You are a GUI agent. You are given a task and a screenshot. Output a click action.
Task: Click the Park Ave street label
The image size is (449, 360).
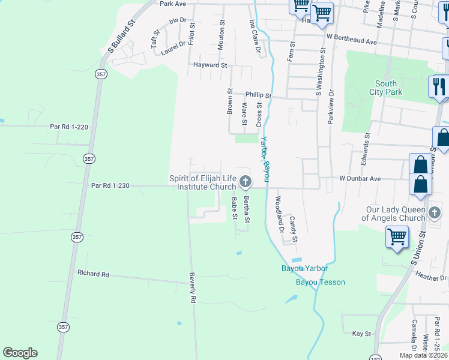click(x=173, y=4)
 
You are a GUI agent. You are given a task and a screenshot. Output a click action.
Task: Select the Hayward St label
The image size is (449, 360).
click(x=209, y=65)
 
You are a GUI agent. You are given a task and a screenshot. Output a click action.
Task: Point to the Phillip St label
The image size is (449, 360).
click(x=259, y=95)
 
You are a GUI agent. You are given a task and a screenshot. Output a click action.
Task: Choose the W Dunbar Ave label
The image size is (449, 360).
click(x=360, y=179)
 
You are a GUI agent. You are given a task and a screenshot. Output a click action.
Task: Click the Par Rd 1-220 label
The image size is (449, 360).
click(x=69, y=127)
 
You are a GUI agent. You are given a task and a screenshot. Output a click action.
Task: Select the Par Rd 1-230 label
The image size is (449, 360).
click(x=110, y=186)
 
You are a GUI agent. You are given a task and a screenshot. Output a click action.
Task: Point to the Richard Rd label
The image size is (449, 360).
click(x=93, y=274)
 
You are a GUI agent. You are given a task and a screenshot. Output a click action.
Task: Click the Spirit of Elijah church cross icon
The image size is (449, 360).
click(x=245, y=181)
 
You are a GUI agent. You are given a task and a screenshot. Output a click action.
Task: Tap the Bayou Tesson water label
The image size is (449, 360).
click(x=321, y=282)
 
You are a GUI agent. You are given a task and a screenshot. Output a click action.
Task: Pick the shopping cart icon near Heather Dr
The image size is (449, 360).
click(x=397, y=237)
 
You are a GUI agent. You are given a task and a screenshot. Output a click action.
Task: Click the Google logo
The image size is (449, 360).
click(x=20, y=353)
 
